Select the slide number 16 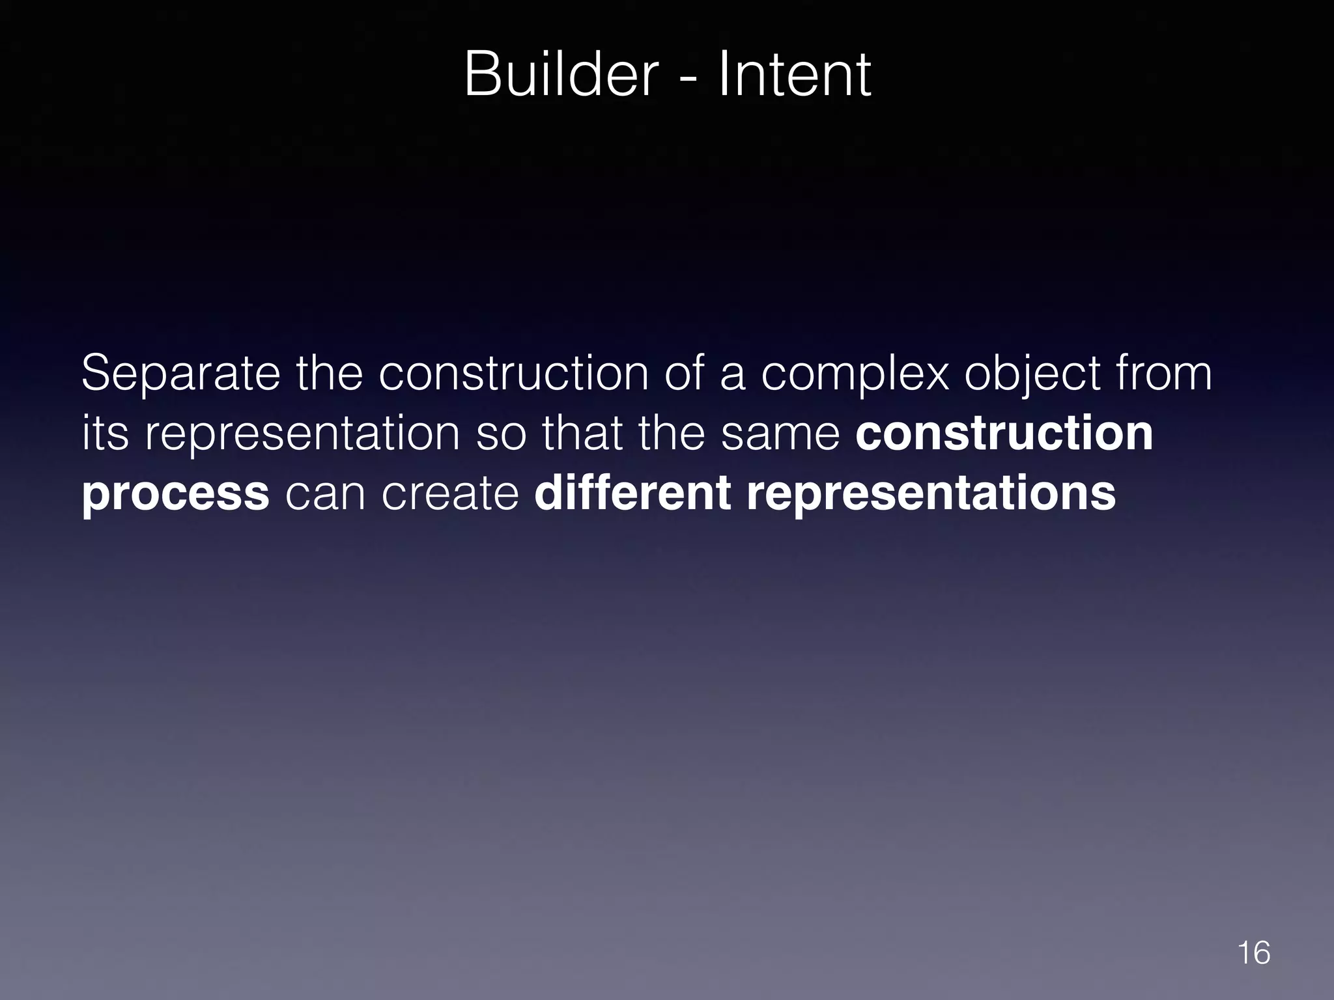(x=1253, y=953)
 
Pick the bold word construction (x=1004, y=434)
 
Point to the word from (x=1163, y=374)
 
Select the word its (x=105, y=434)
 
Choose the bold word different (x=632, y=493)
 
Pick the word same (x=780, y=435)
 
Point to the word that (x=582, y=434)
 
